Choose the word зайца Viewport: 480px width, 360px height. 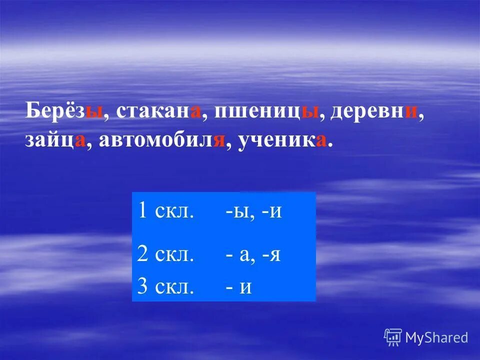coord(55,141)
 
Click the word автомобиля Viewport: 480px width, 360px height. coord(160,141)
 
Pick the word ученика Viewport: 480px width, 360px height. coord(282,141)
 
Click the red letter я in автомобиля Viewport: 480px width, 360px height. coord(217,141)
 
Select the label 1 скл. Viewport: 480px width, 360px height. coord(165,211)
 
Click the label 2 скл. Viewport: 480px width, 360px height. coord(165,254)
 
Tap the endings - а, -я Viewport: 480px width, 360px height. coord(252,255)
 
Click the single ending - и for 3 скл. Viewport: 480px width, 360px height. coord(238,287)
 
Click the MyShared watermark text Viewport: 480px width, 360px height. coord(436,337)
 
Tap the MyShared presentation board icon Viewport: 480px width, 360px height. coord(393,337)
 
